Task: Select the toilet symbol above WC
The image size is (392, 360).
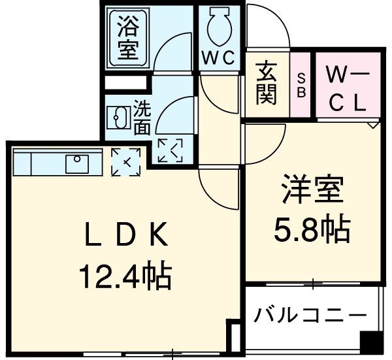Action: click(x=216, y=26)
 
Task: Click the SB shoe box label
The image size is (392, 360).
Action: click(x=302, y=86)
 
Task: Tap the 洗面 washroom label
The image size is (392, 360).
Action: click(x=142, y=116)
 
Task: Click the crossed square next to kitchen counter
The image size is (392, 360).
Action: click(x=125, y=161)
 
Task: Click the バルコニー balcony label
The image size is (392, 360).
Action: click(x=310, y=316)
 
